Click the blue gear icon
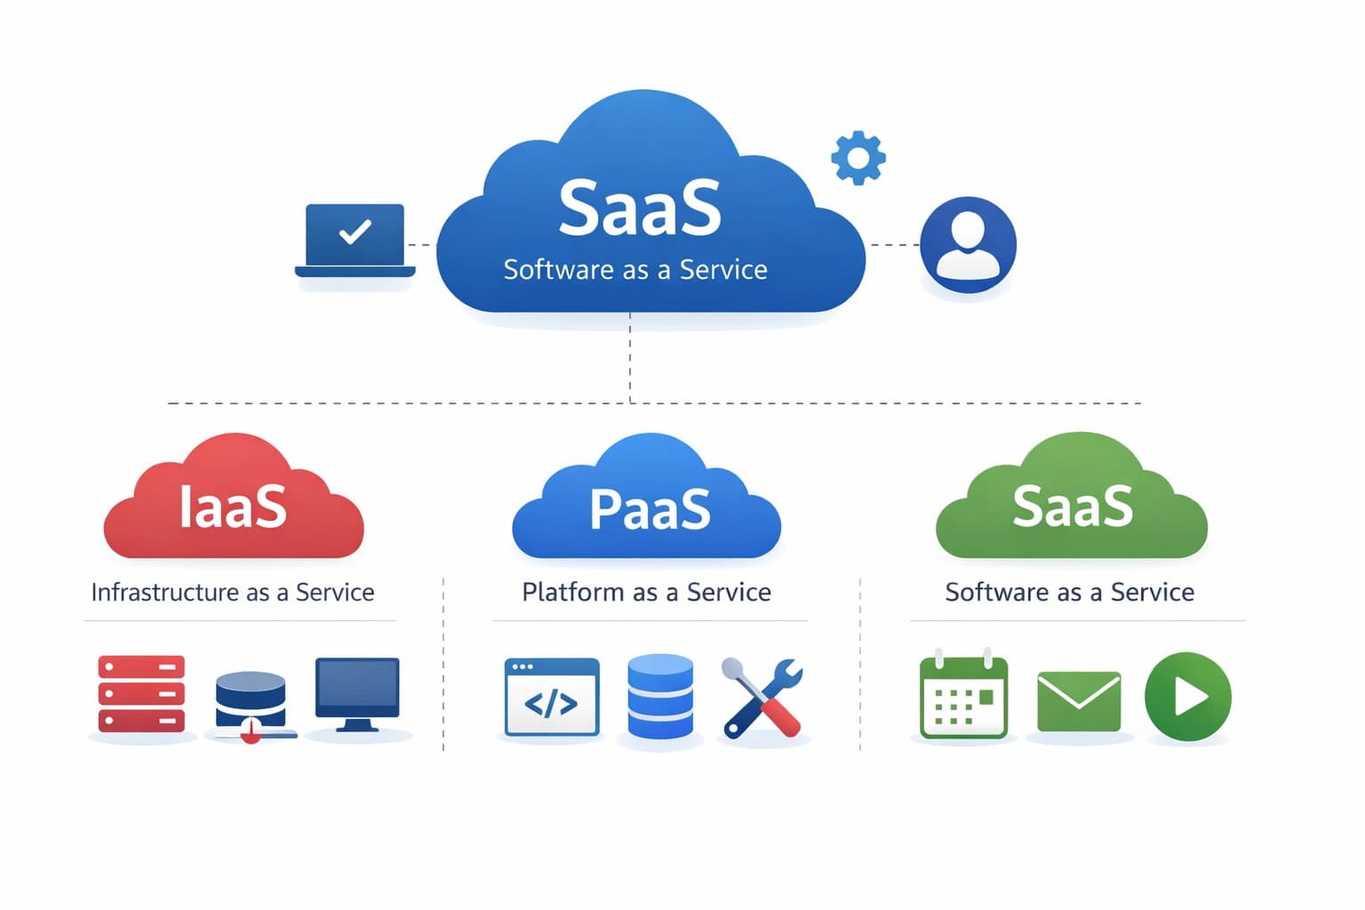pos(858,158)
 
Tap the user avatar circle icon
pos(968,244)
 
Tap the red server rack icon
pos(141,693)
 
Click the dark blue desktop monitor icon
pos(357,693)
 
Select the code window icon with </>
pos(551,698)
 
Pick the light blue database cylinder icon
pos(660,697)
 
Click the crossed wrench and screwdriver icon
pos(762,698)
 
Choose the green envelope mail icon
pos(1078,701)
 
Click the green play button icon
pos(1187,697)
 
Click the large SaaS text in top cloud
pos(640,208)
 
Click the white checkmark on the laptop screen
pos(355,232)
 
